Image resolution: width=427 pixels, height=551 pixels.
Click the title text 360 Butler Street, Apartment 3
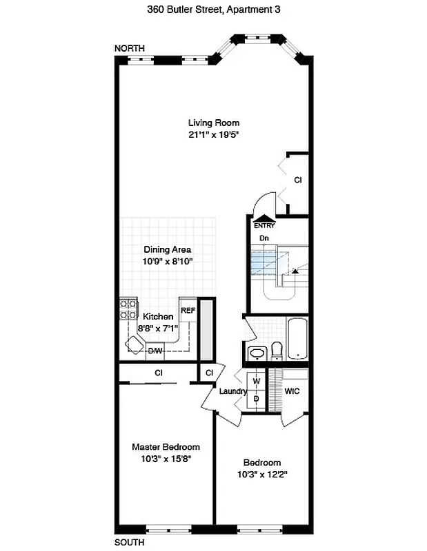[213, 10]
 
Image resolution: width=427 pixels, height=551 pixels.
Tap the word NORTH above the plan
[130, 48]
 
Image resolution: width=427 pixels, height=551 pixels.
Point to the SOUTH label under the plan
[130, 543]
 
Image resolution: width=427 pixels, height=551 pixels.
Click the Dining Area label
[167, 249]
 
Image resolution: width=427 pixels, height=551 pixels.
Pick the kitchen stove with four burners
[128, 309]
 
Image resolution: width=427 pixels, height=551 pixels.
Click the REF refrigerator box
[188, 311]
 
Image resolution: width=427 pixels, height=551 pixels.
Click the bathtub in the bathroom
[297, 338]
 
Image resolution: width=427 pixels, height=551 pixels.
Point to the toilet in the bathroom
[277, 351]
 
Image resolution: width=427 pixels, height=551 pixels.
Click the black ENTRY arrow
[264, 219]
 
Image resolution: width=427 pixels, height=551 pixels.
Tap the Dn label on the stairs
[264, 238]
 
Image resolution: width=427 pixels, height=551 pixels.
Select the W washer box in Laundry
[256, 381]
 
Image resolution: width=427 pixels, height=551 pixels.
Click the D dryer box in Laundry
[256, 399]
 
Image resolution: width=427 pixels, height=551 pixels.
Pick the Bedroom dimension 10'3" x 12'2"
[261, 474]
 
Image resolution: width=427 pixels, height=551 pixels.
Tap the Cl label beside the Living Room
[298, 180]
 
